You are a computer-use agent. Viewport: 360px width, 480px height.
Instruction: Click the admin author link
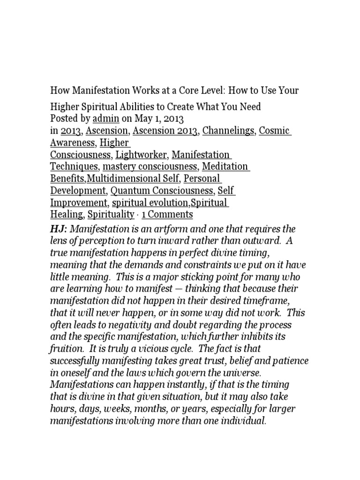pyautogui.click(x=105, y=119)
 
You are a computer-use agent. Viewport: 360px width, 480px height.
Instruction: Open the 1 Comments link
pyautogui.click(x=167, y=215)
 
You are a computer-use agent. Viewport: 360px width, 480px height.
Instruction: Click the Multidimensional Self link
pyautogui.click(x=133, y=179)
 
